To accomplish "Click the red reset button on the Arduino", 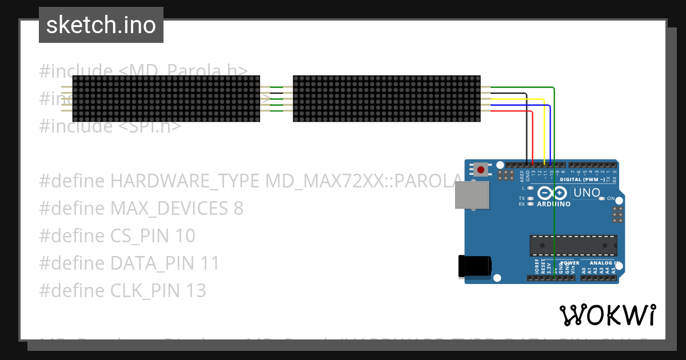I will pos(481,169).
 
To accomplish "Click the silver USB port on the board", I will pos(472,195).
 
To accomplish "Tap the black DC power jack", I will pos(474,266).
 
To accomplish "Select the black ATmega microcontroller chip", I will pos(573,245).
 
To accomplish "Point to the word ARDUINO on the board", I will pos(554,204).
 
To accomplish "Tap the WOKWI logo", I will pos(608,315).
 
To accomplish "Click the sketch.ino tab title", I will pos(101,25).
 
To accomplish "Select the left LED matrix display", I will pos(166,98).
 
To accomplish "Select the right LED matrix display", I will pos(386,98).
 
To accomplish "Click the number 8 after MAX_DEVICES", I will pos(238,209).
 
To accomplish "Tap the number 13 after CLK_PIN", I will pos(194,291).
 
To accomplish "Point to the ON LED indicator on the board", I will pos(602,199).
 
